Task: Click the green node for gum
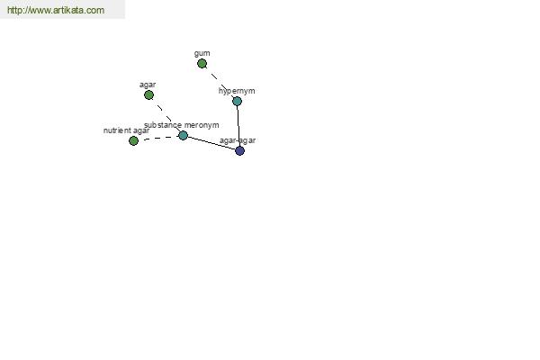[202, 64]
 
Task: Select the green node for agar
[148, 95]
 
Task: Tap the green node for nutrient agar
[133, 140]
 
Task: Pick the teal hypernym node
[237, 102]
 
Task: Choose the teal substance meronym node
[184, 135]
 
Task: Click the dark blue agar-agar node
[239, 150]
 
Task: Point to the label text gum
[202, 54]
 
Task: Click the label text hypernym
[237, 91]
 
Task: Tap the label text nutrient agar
[126, 130]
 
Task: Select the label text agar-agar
[238, 140]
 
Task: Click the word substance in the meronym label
[163, 125]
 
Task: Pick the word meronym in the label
[202, 125]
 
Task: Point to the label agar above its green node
[148, 85]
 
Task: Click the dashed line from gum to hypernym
[219, 81]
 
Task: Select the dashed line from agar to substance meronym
[166, 115]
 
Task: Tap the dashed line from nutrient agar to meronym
[158, 138]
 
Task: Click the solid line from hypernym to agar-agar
[238, 126]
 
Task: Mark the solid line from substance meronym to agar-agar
[211, 143]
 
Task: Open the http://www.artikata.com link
[56, 10]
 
